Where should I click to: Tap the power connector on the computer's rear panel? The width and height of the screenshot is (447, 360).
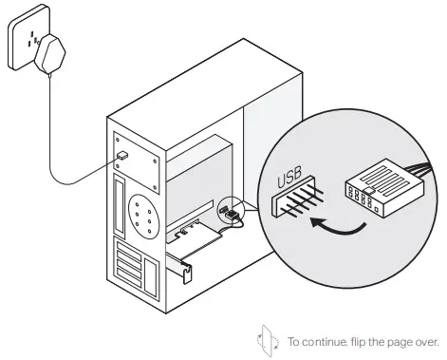123,153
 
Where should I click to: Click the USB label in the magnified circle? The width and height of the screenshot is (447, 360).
289,177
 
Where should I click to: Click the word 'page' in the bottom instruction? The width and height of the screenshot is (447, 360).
407,340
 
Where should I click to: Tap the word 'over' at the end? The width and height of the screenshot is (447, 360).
430,340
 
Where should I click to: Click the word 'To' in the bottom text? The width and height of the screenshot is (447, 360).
294,340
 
